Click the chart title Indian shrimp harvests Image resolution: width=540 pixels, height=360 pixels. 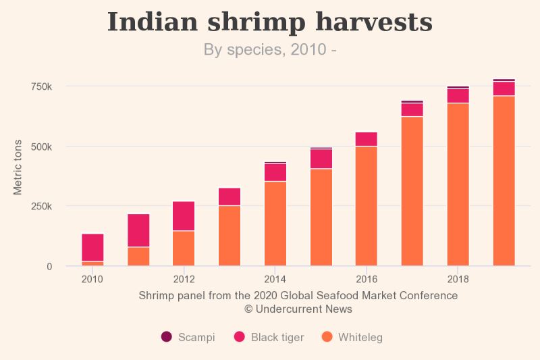(x=270, y=22)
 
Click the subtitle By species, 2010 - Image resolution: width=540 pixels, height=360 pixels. (x=270, y=49)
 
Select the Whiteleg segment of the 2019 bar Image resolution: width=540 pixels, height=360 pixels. (x=504, y=180)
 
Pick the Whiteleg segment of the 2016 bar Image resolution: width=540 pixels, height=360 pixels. (x=367, y=206)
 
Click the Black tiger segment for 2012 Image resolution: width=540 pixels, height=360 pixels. (x=184, y=216)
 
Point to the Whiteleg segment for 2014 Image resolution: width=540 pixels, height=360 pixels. (x=275, y=224)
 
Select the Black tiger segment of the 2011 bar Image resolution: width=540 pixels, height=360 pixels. (x=138, y=230)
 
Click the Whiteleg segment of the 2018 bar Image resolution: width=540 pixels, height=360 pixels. (x=458, y=184)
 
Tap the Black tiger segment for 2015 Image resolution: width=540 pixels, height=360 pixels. (x=321, y=159)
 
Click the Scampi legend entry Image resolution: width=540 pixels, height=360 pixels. (x=188, y=337)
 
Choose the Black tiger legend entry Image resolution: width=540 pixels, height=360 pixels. (x=269, y=337)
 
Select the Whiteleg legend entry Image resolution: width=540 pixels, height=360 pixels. (x=352, y=337)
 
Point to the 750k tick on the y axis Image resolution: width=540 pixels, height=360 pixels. (x=40, y=86)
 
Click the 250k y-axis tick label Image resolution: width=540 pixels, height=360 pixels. (x=40, y=206)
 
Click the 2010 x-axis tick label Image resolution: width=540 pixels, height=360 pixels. (x=92, y=279)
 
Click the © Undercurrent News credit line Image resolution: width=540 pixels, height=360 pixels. (x=298, y=309)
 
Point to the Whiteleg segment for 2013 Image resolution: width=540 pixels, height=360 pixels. (x=230, y=236)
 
